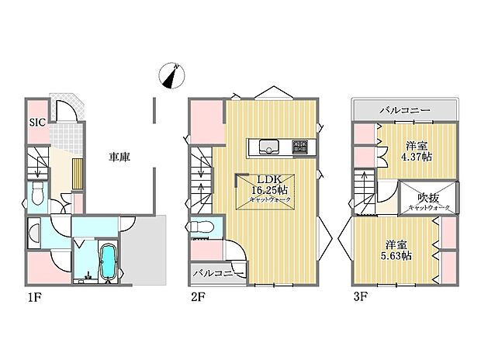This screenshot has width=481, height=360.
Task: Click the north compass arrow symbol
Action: tap(172, 75)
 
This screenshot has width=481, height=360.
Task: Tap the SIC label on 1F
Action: tap(36, 122)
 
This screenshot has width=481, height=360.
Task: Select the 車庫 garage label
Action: tap(119, 157)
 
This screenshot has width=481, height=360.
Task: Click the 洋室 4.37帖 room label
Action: tap(417, 151)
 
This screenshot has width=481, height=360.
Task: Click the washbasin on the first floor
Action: tap(35, 231)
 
